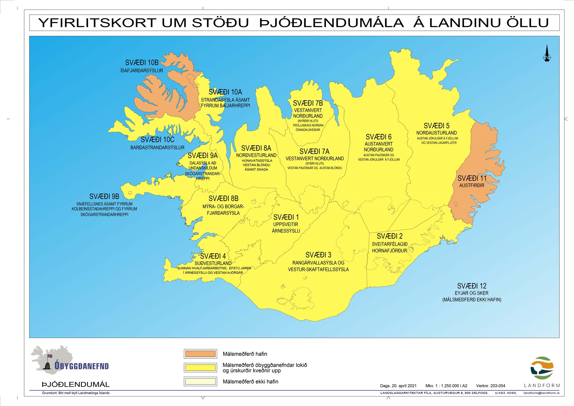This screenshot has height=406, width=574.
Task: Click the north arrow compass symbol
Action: pos(547,54)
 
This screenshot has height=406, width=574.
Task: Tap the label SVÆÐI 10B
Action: pos(142,63)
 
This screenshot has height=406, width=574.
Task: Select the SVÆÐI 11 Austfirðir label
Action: pos(472,178)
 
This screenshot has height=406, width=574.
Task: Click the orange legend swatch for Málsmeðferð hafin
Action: pos(200,354)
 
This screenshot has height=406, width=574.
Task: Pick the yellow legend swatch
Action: pos(200,368)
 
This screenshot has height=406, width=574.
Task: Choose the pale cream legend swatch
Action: pos(200,381)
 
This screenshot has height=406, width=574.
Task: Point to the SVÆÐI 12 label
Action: pos(472,286)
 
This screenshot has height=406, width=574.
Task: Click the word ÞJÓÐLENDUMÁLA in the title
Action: pos(331,23)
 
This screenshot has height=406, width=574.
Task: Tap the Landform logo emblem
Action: pos(542,368)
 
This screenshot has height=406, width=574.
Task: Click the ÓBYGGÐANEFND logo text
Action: pos(82,366)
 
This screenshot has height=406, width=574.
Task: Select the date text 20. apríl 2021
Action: pos(404,386)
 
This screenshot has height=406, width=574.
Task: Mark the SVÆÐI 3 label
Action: pos(318,255)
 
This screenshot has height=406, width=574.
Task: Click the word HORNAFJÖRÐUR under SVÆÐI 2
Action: pos(389,251)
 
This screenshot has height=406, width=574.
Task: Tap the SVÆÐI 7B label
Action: pos(308,103)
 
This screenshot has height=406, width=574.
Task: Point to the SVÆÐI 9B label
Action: pos(104,196)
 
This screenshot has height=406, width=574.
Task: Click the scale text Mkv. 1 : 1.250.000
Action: pos(446,386)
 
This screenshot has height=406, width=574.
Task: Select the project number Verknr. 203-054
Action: pos(490,386)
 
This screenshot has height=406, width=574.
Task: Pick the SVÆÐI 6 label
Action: pos(379,137)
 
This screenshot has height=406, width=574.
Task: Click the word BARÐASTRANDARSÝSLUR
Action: pos(157,148)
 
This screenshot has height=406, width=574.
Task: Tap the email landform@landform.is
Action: pos(541,393)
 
